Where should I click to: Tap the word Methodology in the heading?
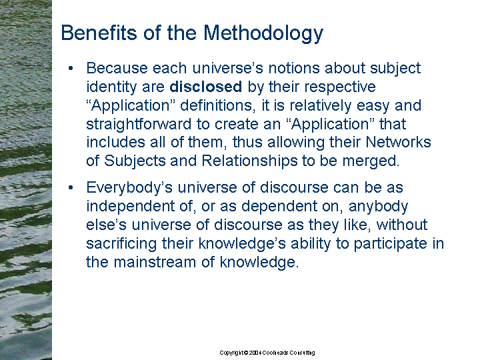[263, 33]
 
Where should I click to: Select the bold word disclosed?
[206, 87]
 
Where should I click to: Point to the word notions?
[294, 68]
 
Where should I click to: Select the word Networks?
[398, 142]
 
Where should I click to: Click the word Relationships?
[249, 161]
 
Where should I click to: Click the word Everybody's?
[129, 188]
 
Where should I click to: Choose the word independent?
[131, 206]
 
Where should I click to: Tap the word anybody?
[379, 207]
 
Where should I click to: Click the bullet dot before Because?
[71, 68]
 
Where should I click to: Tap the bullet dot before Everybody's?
[71, 187]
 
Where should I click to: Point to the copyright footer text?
[267, 353]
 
